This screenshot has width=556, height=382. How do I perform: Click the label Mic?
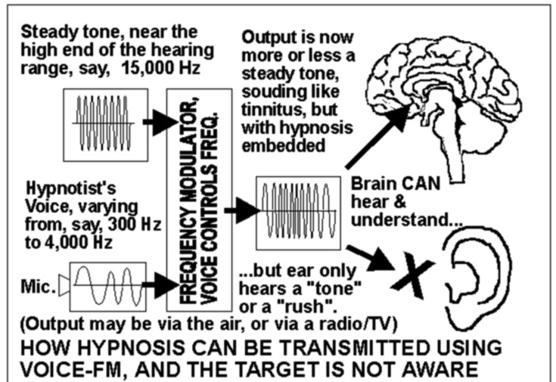click(36, 286)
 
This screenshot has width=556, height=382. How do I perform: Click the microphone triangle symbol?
click(64, 286)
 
